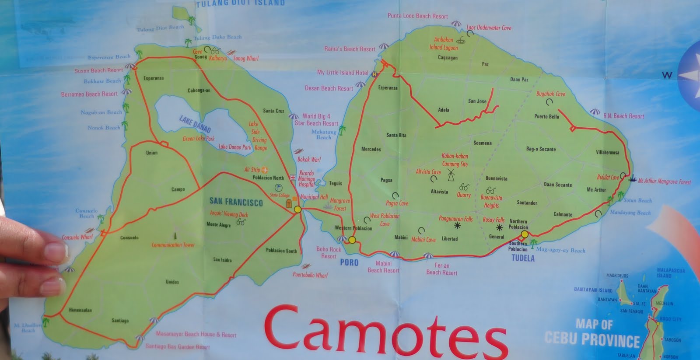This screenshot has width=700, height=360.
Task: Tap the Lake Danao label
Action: tap(195, 124)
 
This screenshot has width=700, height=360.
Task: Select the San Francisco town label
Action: tap(236, 202)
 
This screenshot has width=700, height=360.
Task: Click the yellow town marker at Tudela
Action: tap(525, 234)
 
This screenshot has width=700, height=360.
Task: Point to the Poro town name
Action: tap(349, 262)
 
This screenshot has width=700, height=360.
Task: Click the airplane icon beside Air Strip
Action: tap(265, 169)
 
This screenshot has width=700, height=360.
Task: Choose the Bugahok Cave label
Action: tap(551, 94)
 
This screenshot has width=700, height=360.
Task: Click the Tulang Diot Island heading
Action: tap(240, 3)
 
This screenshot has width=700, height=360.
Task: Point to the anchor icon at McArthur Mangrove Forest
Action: tap(631, 178)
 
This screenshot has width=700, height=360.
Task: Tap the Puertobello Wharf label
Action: tap(310, 275)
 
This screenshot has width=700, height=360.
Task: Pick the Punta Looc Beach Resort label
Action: tap(417, 16)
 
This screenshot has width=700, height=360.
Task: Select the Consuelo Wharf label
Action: tap(77, 237)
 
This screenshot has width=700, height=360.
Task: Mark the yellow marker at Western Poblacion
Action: tap(352, 240)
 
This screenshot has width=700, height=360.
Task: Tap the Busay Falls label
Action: tap(493, 220)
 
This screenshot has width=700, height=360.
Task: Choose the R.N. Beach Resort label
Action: tap(623, 116)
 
